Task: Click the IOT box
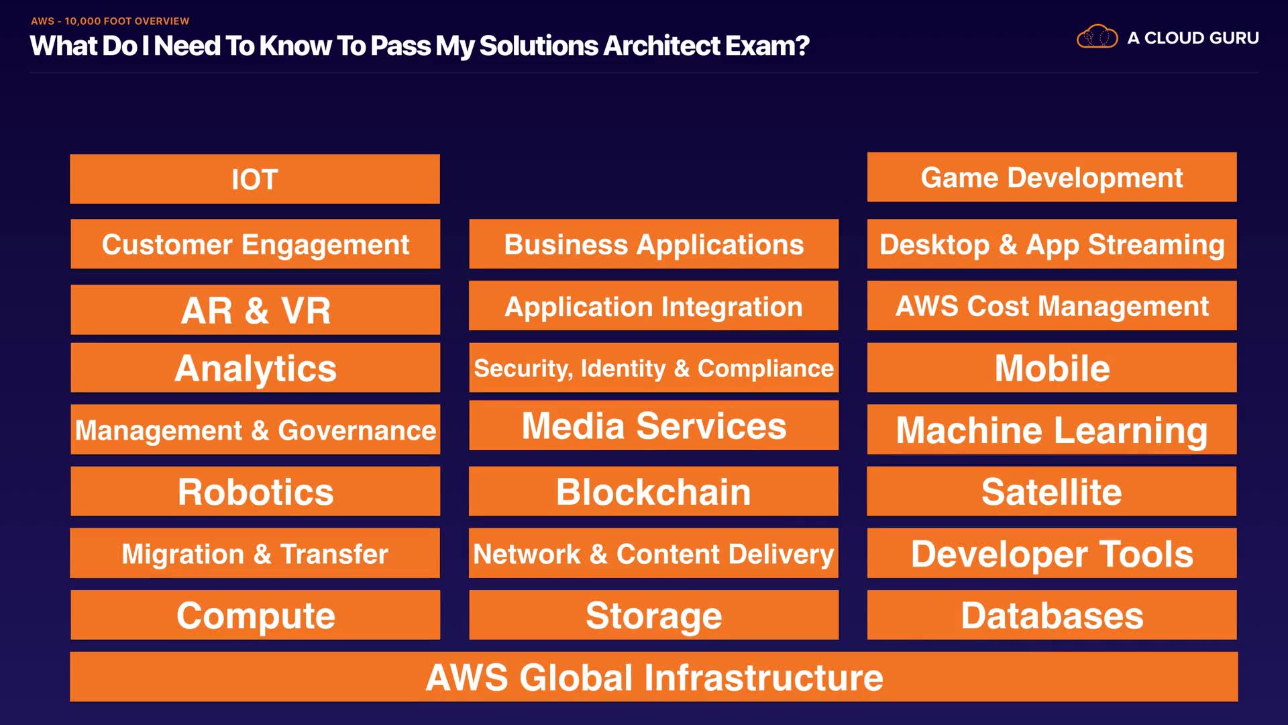255,179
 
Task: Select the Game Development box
1051,177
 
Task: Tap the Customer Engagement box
255,244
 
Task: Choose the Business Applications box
653,244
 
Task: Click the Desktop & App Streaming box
1051,244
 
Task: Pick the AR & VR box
255,309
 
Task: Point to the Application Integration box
653,306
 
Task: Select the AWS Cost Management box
1051,306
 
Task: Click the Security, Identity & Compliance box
653,368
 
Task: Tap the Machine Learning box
1051,430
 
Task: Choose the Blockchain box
653,491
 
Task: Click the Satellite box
1051,491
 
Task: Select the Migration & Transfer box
255,553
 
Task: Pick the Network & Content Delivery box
653,553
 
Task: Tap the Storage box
653,615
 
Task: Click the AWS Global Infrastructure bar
653,677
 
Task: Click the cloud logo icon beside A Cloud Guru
1097,37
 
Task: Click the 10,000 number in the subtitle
82,21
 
